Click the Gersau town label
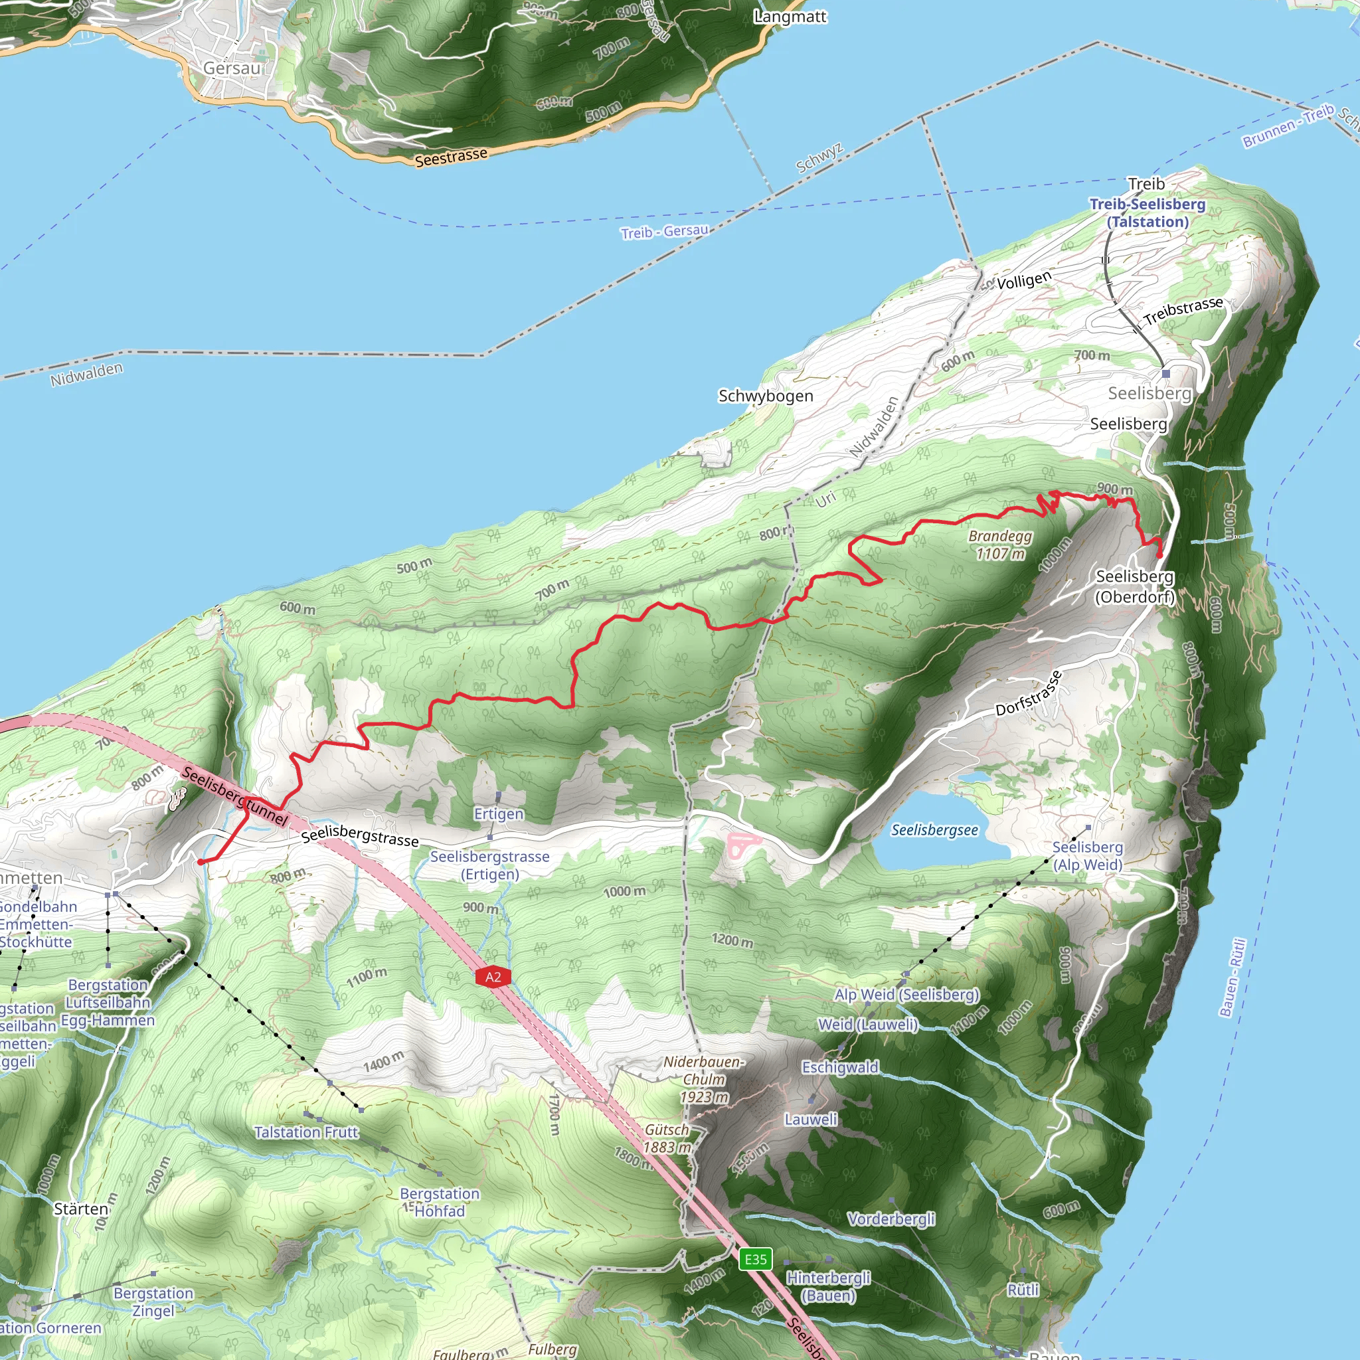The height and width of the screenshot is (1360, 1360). pos(232,68)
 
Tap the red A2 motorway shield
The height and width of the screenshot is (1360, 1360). pos(493,977)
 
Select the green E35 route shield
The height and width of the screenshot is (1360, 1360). pos(755,1259)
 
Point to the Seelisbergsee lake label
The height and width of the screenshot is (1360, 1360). pos(934,831)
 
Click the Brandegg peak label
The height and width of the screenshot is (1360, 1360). pos(999,545)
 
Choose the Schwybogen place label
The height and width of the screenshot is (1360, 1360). pos(765,396)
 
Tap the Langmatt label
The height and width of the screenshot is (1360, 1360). pos(790,16)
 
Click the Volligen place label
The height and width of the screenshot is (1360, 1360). pos(1023,281)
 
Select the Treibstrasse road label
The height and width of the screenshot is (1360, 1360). pos(1183,310)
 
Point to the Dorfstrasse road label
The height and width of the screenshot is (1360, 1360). pos(1029,693)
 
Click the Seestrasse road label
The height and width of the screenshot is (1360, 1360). pos(450,157)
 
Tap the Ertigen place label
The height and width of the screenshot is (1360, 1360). pos(499,813)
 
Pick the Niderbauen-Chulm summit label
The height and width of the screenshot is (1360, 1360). pos(703,1079)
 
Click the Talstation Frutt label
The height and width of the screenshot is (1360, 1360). pos(306,1132)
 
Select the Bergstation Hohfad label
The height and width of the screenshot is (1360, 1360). pos(439,1203)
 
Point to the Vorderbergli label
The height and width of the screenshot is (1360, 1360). pos(891,1219)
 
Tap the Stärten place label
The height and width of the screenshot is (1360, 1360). pos(81,1209)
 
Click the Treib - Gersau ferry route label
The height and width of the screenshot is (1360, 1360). pos(664,232)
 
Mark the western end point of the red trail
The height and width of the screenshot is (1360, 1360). pos(201,861)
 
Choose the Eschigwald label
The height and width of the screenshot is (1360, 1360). pos(841,1067)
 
